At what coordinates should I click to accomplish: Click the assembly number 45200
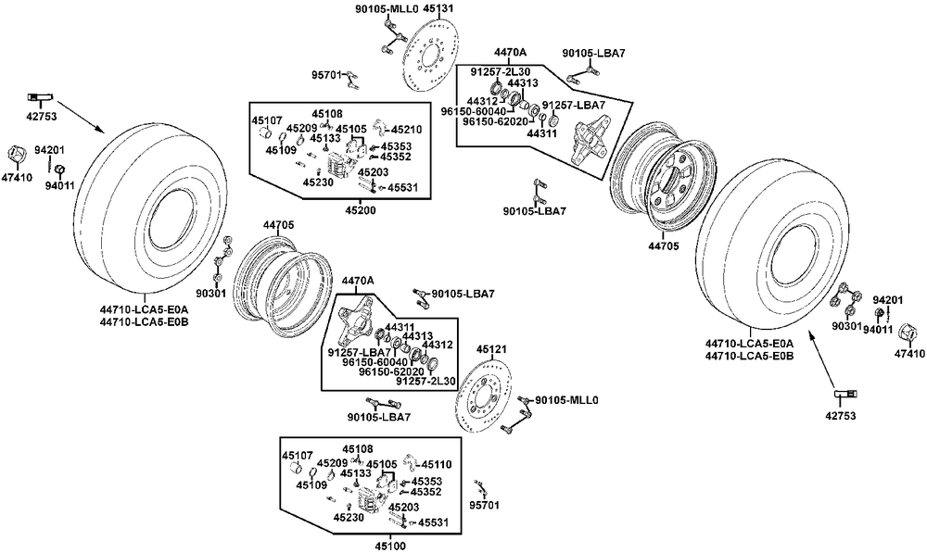tap(361, 210)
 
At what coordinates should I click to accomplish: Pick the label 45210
tap(407, 130)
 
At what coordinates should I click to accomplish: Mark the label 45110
tap(437, 465)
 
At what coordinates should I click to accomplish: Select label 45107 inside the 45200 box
tap(267, 120)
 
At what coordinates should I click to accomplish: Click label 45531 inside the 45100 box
tap(433, 522)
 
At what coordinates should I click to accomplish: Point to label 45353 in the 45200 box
tap(396, 146)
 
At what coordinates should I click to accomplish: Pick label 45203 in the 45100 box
tap(404, 508)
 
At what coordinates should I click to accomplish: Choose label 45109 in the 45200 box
tap(280, 150)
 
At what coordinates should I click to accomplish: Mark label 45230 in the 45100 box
tap(349, 518)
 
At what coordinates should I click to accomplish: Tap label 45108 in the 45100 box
tap(357, 449)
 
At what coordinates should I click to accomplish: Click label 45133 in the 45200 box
tap(325, 138)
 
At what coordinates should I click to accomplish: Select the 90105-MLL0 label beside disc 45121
tap(566, 400)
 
